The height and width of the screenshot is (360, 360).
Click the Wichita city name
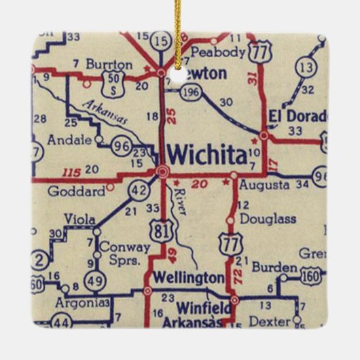[x=206, y=156]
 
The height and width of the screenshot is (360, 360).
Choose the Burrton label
[x=109, y=65]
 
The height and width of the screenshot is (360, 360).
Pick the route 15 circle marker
[x=162, y=41]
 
